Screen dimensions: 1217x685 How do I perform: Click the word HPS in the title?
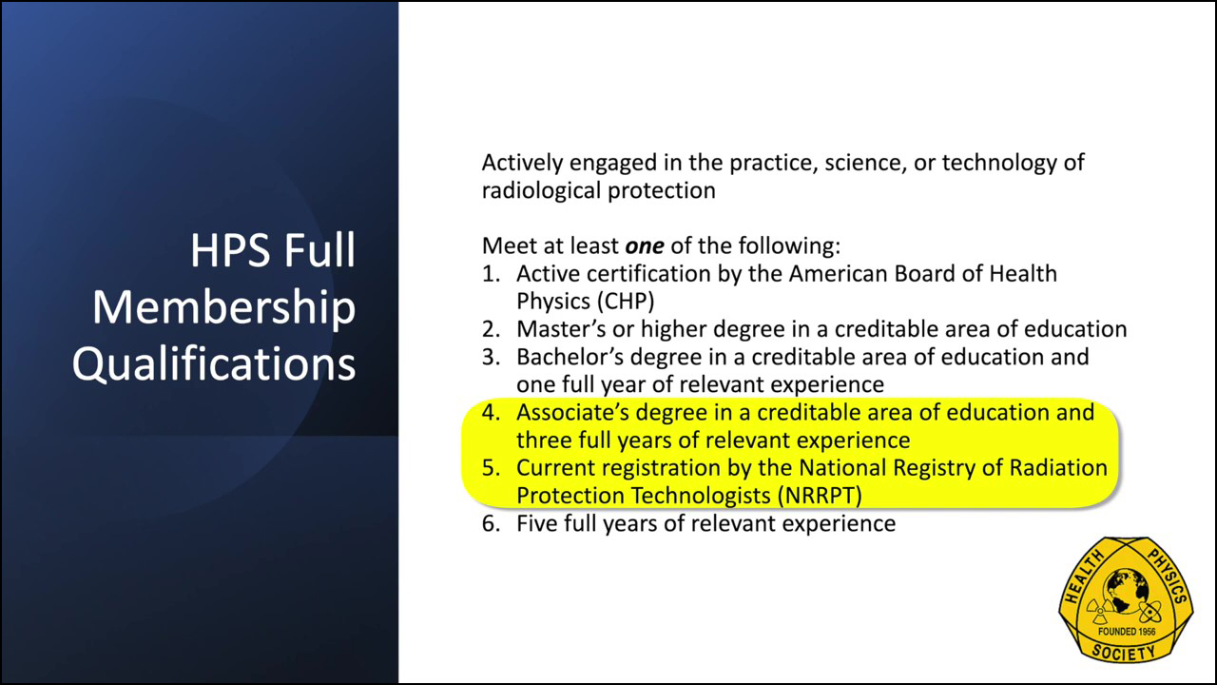(230, 250)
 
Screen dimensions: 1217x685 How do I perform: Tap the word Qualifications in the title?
(214, 364)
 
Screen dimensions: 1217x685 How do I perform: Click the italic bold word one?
(645, 246)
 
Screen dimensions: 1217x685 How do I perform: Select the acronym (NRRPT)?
(820, 496)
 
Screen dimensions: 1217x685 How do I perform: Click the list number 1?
(491, 273)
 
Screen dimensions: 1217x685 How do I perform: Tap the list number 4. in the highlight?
(491, 412)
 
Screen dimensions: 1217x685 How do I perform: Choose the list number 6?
(491, 523)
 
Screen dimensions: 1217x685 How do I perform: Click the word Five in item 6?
(537, 523)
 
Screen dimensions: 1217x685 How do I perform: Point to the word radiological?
(541, 191)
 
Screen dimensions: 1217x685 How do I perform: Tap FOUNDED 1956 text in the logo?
(1127, 631)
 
